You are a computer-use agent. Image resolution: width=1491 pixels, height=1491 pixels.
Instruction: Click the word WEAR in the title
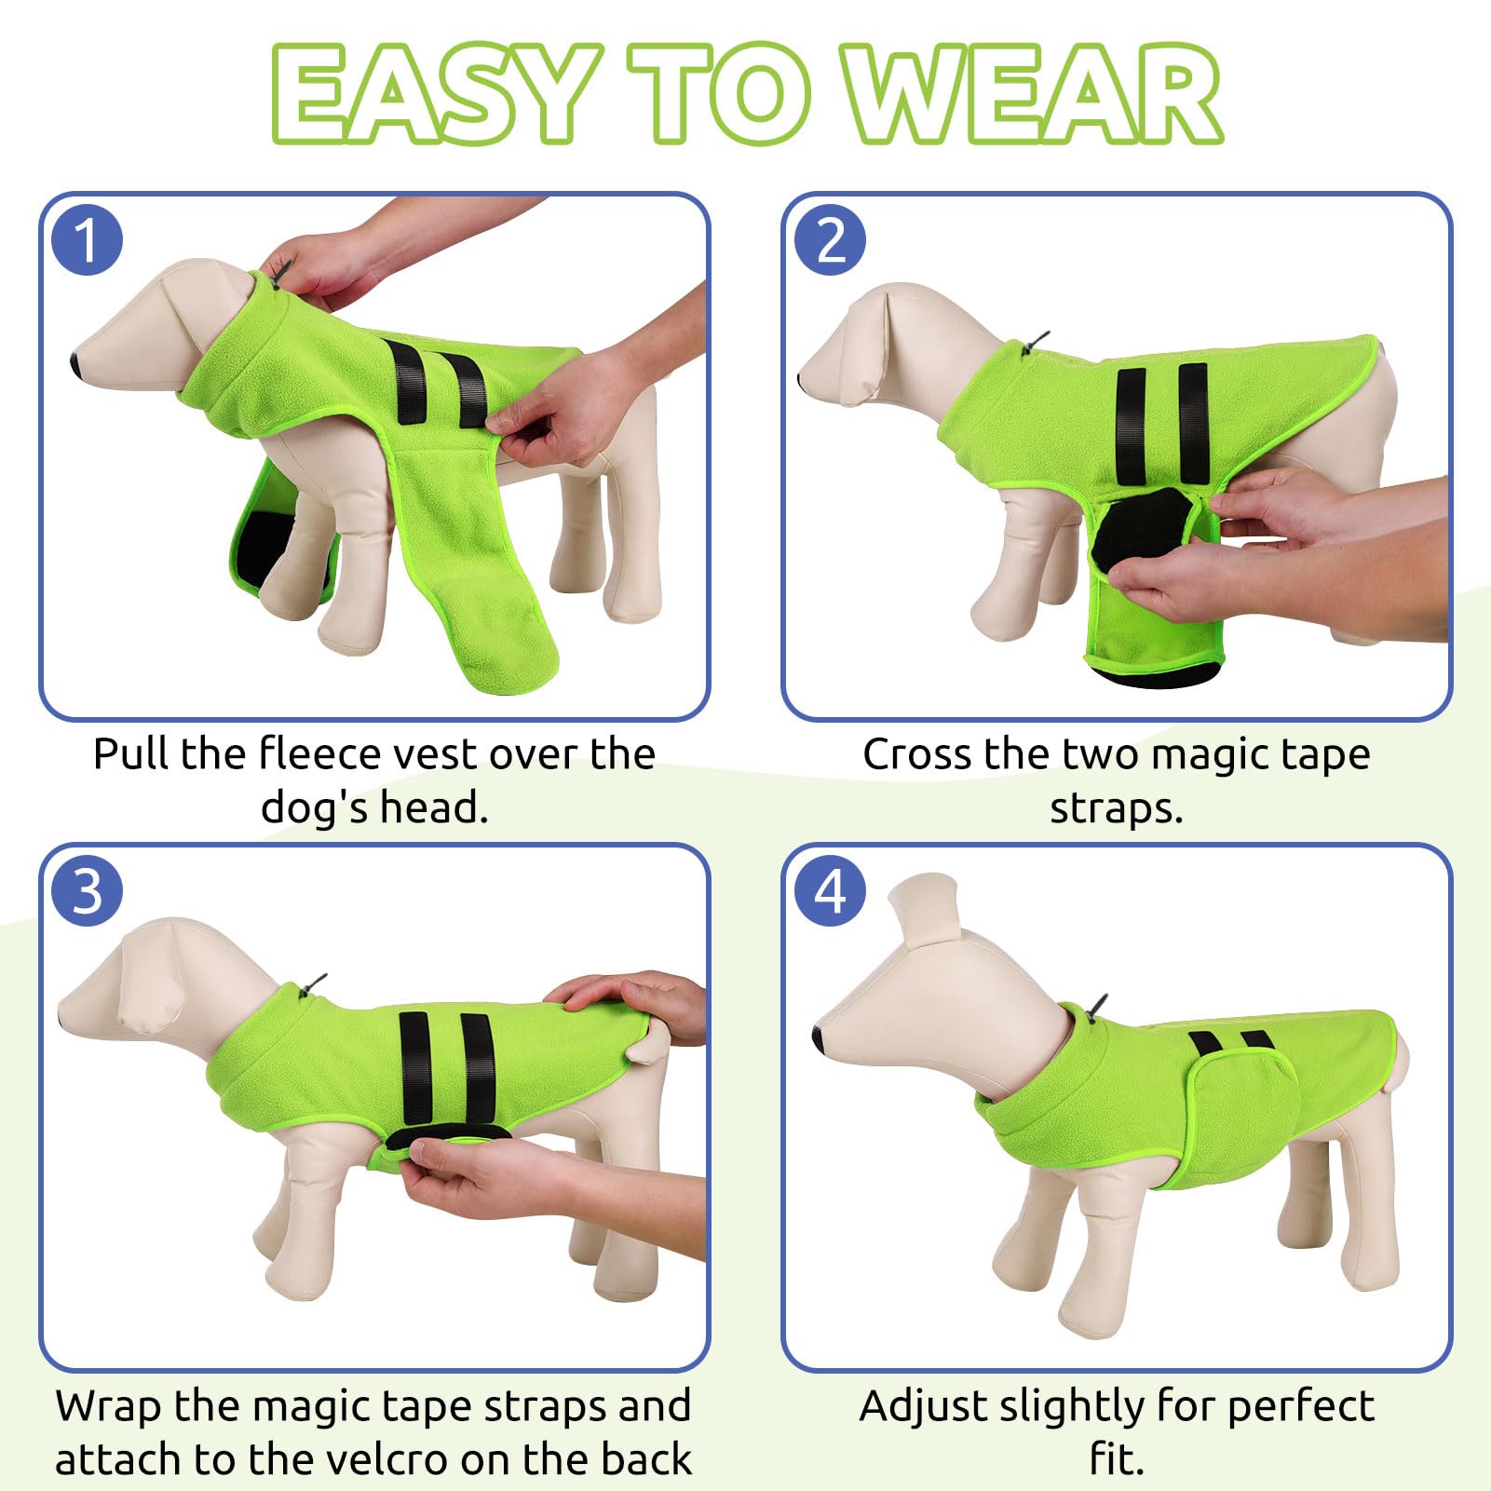click(1034, 93)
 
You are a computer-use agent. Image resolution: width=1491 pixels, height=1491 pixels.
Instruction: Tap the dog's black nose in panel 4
click(818, 1037)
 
